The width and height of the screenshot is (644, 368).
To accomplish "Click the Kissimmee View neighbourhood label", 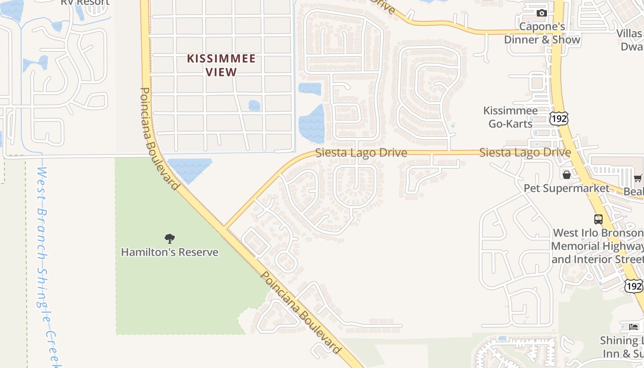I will click(x=221, y=65).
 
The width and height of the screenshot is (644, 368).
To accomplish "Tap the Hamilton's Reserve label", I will click(x=169, y=252).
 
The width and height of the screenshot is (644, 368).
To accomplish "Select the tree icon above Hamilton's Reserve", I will click(x=170, y=238).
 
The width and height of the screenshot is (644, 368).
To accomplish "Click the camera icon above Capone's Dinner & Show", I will click(x=542, y=13).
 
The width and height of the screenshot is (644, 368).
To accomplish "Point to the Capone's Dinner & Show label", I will click(x=542, y=33).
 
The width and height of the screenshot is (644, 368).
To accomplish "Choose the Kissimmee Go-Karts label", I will click(x=510, y=117).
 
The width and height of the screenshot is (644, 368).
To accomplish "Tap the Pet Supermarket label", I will click(x=566, y=188).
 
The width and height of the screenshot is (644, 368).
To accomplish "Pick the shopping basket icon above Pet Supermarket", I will click(x=567, y=175).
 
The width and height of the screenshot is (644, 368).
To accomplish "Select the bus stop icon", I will click(x=598, y=219).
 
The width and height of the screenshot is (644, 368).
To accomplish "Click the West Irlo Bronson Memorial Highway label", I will click(x=597, y=246).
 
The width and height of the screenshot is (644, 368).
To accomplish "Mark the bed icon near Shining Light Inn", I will click(x=634, y=327).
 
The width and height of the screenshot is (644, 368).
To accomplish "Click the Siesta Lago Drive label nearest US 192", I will click(x=525, y=152).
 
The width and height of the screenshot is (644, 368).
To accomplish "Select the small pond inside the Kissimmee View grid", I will click(x=254, y=106).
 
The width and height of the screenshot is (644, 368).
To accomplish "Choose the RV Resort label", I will click(x=85, y=2).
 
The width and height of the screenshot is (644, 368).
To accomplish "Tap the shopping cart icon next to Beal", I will click(x=638, y=178).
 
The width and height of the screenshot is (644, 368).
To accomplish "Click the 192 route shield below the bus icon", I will click(x=634, y=286).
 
